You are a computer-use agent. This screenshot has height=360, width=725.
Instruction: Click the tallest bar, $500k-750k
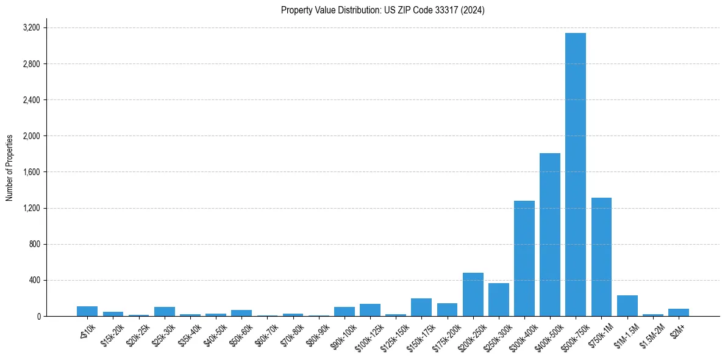[575, 175]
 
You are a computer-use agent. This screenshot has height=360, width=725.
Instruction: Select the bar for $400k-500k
[549, 235]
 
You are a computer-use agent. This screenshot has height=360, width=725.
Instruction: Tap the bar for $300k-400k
[524, 259]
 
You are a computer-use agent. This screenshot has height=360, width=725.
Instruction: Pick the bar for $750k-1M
[601, 257]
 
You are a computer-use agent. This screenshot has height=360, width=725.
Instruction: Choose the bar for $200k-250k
[473, 295]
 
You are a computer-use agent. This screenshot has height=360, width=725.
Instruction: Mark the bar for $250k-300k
[498, 300]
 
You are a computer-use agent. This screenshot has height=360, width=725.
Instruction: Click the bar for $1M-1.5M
[627, 306]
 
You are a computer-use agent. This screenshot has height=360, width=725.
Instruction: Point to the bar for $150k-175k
[421, 308]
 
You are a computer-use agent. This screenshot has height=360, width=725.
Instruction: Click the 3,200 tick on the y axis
[31, 28]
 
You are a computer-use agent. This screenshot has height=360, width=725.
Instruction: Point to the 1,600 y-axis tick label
[31, 172]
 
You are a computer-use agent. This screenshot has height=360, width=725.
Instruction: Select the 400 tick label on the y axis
[34, 281]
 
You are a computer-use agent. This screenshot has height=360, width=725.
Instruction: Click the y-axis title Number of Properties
[10, 168]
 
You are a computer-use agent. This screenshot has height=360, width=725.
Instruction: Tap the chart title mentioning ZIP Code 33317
[382, 10]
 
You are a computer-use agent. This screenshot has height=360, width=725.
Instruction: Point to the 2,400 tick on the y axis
[31, 100]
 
